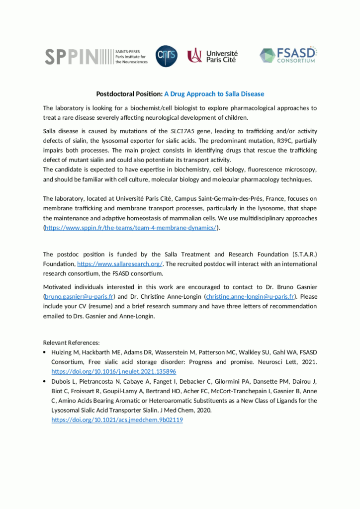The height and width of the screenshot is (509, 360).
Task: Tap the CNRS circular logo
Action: [x=166, y=56]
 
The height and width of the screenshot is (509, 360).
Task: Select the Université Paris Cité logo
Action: [x=212, y=56]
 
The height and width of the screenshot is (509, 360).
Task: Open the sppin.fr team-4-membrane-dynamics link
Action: [x=131, y=228]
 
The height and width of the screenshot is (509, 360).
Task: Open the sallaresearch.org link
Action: [x=120, y=263]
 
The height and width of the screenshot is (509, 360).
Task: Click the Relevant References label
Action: [x=72, y=342]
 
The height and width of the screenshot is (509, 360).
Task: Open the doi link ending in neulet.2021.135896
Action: [x=114, y=371]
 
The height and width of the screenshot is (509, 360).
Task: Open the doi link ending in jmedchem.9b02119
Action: [x=117, y=420]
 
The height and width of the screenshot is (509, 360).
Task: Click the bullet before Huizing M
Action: [x=45, y=352]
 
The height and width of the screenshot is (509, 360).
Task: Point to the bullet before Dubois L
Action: [x=45, y=381]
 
